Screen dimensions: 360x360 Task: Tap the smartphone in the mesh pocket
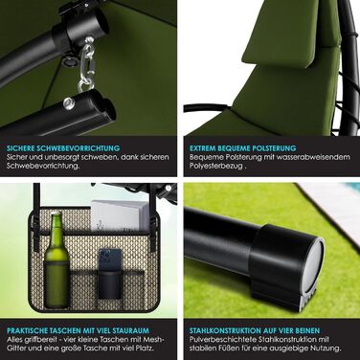click(x=110, y=259)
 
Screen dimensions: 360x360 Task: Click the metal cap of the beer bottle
click(x=56, y=213)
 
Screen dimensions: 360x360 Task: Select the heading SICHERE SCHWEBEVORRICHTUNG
click(x=63, y=148)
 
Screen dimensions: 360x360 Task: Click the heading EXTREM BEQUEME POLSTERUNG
click(x=243, y=148)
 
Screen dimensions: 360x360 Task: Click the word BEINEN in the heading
click(x=305, y=330)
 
